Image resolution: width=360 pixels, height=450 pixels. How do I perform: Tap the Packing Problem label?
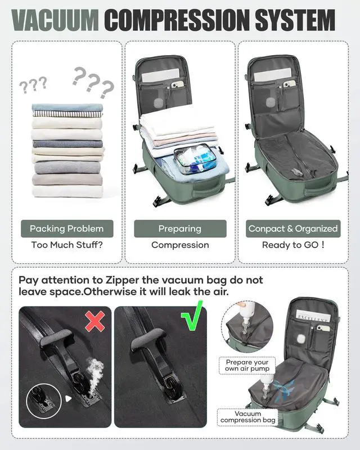pos(66,228)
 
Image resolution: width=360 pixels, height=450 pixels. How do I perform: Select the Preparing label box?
pos(180,228)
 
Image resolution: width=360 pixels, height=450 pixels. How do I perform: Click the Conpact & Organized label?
pos(293,228)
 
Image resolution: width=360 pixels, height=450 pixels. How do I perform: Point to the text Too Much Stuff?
pos(66,245)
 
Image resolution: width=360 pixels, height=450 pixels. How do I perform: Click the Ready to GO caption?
pos(293,245)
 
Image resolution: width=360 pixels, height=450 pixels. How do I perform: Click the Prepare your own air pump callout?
pos(247,365)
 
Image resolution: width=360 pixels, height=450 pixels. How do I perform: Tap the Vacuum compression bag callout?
pos(248,417)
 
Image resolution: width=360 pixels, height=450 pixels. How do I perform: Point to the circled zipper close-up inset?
pos(44,398)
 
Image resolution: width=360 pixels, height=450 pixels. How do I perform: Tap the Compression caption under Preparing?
pos(180,245)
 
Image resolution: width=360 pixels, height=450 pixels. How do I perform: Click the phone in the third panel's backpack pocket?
pos(289,84)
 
